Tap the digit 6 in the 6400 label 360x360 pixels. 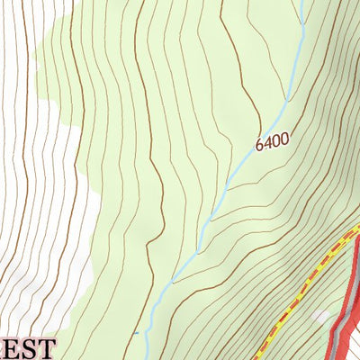[x=260, y=147]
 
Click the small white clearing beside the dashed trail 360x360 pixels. [x=321, y=317]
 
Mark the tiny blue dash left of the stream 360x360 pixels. [x=137, y=333]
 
